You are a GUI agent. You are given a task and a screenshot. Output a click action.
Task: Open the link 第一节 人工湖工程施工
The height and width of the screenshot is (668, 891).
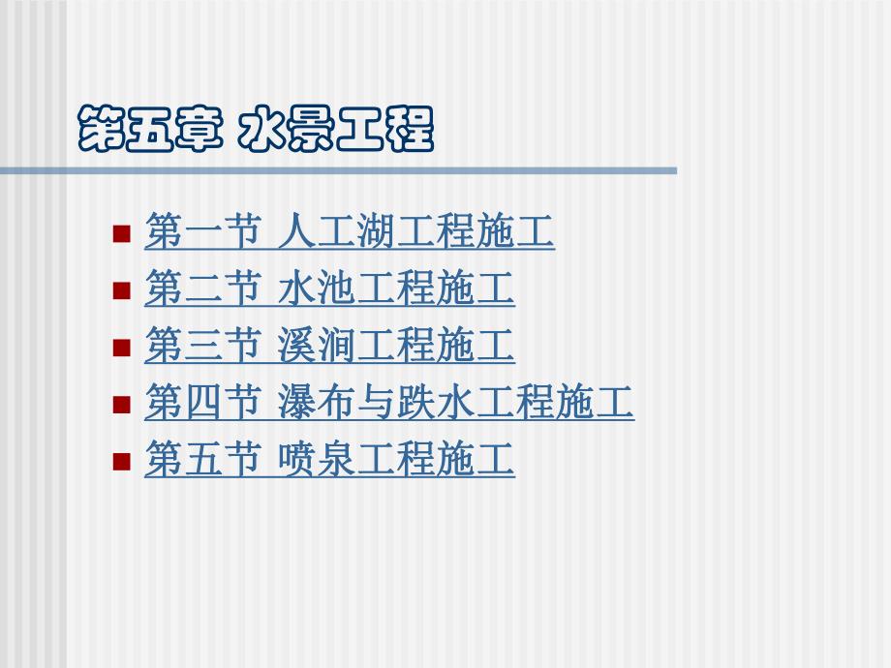[349, 232]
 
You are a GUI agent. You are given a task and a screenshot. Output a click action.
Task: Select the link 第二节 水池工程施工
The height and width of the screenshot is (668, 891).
[329, 289]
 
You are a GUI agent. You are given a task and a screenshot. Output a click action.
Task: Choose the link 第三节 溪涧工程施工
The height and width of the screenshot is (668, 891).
[329, 347]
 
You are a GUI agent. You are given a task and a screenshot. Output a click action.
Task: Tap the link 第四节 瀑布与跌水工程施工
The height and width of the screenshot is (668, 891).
[388, 403]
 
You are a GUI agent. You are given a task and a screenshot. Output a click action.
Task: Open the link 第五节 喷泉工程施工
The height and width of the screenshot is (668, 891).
[329, 460]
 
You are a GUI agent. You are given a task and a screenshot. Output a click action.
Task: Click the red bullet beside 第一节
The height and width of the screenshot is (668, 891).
[121, 233]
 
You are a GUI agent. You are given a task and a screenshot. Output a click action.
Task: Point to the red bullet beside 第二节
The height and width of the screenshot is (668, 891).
[121, 290]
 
